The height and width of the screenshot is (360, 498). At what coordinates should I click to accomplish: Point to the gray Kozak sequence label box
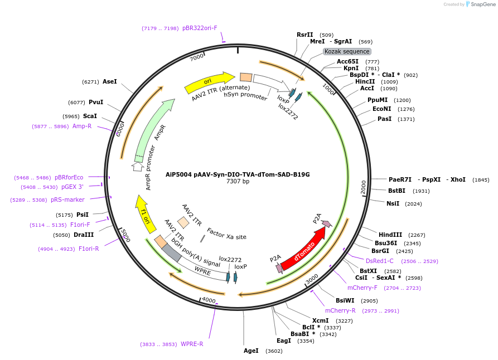pos(346,51)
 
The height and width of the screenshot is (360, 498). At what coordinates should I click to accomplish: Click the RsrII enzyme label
pos(304,35)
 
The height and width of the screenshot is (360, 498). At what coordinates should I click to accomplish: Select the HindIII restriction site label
pos(390,235)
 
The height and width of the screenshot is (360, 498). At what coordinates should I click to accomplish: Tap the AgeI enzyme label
pos(251,351)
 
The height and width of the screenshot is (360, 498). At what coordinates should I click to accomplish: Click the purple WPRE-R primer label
pos(192,344)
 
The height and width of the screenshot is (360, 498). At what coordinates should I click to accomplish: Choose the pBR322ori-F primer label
pos(200,28)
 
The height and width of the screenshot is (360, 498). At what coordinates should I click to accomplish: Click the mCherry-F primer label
pos(362,288)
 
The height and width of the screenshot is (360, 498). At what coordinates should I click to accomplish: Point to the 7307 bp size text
pos(238,181)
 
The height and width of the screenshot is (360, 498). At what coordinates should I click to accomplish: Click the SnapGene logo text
pos(483,4)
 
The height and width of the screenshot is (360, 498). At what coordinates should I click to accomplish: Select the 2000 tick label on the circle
pos(364,187)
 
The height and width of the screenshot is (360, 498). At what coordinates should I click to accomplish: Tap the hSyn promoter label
pos(245,96)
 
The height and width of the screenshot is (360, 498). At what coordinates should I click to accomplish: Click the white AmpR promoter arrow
pos(138,166)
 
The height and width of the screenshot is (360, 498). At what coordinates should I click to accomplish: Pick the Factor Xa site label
pos(226,233)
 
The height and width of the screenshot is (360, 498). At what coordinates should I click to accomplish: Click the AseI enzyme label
pos(110,81)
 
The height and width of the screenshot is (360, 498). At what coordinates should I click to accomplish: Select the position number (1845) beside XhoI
pos(480,179)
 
